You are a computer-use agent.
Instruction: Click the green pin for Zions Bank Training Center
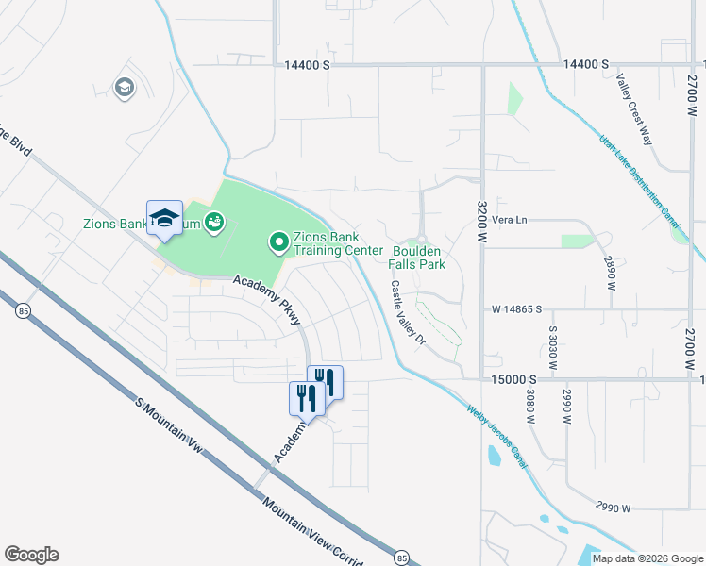(x=279, y=243)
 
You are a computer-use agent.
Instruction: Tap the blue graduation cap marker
(x=164, y=218)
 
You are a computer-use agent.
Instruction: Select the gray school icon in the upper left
(x=123, y=89)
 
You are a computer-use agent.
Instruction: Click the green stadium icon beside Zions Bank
(x=214, y=222)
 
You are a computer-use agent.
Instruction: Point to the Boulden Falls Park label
(x=418, y=258)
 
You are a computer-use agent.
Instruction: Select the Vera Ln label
(x=508, y=220)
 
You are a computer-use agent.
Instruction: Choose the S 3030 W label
(x=553, y=346)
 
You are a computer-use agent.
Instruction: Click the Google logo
(x=31, y=555)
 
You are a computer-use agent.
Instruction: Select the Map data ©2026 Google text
(x=647, y=558)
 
